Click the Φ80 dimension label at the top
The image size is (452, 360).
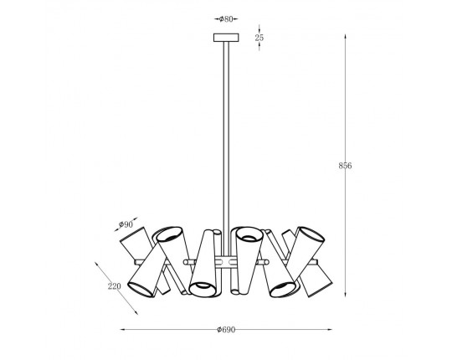[226, 19]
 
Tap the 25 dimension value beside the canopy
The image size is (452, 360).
[259, 38]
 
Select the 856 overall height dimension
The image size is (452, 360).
[345, 166]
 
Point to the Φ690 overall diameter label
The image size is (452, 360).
[226, 330]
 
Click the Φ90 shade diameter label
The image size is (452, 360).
[126, 224]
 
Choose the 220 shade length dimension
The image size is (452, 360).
[114, 286]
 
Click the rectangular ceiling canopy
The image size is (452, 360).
[226, 38]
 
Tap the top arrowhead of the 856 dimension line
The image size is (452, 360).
[345, 37]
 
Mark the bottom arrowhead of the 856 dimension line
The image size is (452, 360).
[345, 295]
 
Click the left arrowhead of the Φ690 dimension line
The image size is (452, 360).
[123, 329]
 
